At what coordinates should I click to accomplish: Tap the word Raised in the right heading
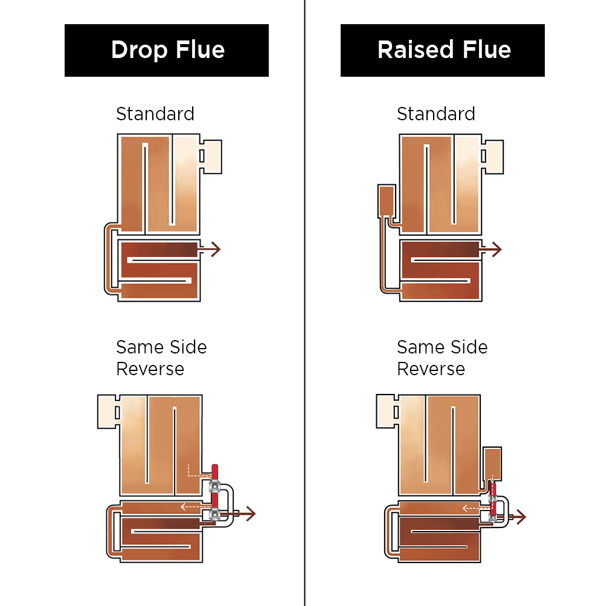tap(414, 50)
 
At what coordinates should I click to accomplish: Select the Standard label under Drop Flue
tap(155, 114)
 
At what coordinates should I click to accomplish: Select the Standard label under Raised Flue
tap(436, 114)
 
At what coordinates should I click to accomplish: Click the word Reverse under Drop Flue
tap(150, 369)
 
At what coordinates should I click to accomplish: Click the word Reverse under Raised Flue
tap(431, 369)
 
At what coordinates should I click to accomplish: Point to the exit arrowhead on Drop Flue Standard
tap(216, 248)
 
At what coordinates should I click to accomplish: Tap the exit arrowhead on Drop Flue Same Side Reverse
tap(251, 514)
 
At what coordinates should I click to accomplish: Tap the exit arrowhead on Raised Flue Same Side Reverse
tap(521, 517)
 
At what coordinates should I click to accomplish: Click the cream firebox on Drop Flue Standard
tap(211, 156)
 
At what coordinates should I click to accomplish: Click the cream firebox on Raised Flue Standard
tap(493, 156)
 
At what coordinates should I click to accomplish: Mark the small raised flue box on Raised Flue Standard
tap(386, 201)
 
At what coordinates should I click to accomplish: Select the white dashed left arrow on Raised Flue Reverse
tap(473, 508)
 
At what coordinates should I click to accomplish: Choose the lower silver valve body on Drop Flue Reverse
tap(214, 514)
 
